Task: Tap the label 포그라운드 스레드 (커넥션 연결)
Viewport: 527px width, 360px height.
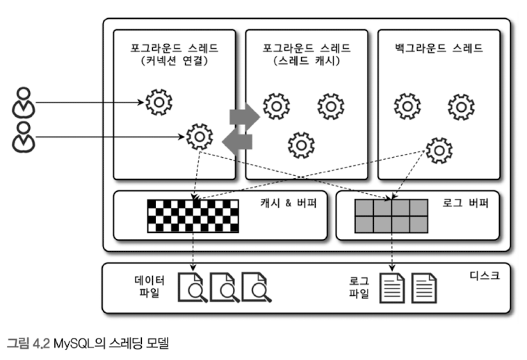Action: click(175, 55)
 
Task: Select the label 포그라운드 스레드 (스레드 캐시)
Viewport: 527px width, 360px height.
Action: click(307, 55)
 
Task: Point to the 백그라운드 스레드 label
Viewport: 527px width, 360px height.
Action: click(439, 49)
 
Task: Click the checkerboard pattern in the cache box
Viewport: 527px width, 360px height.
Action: click(193, 215)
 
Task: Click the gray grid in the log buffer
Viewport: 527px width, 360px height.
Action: click(391, 215)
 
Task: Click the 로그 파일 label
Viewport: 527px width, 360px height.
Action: click(359, 285)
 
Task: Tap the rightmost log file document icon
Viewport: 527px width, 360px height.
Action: click(425, 286)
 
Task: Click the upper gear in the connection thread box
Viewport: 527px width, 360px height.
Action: click(159, 102)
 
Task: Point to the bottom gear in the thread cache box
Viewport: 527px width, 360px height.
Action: click(301, 144)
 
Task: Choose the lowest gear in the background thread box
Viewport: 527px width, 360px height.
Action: click(439, 149)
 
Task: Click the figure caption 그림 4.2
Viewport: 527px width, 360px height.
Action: click(88, 343)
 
